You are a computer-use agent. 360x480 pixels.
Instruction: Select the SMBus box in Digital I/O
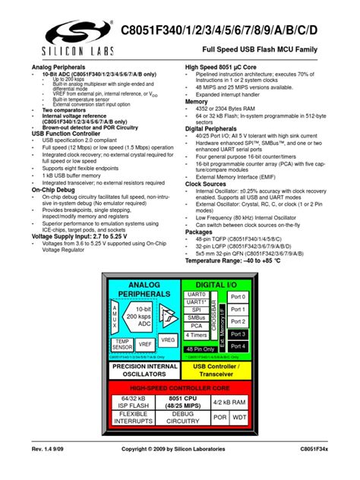[196, 318]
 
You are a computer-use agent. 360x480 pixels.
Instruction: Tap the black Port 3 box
[238, 333]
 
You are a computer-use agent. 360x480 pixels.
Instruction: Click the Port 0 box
[238, 296]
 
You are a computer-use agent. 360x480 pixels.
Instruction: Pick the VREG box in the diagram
[169, 340]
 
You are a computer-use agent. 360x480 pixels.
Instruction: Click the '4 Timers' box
[196, 335]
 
